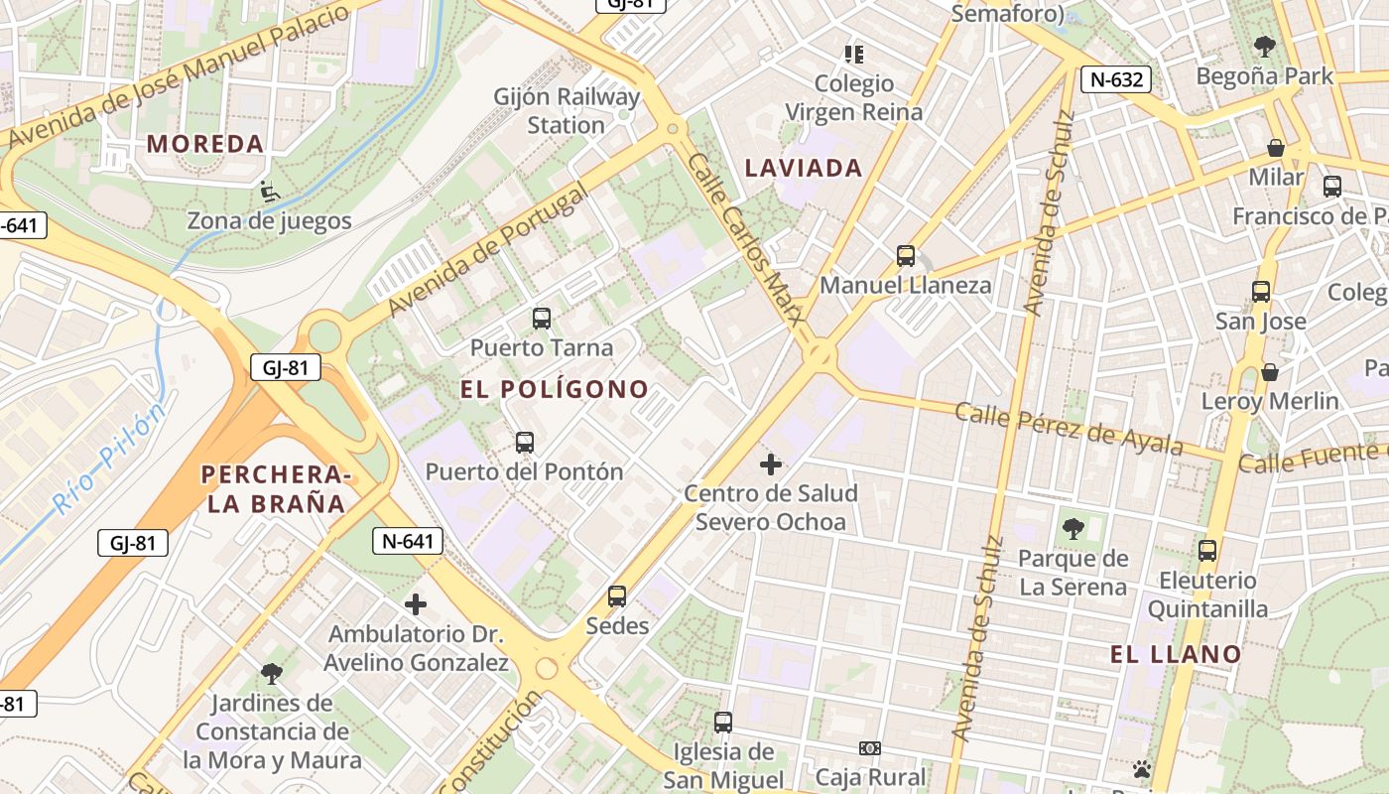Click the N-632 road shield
coord(1115,80)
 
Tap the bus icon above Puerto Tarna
coord(541,319)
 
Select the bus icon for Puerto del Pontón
coord(525,443)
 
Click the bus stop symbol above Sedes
coord(617,596)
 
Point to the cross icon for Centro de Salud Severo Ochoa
coord(771,463)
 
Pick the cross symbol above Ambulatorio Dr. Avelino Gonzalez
coord(416,603)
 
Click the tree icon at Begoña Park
coord(1264,46)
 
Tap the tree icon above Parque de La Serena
coord(1073,529)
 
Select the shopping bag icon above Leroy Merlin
coord(1269,372)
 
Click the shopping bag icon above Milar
coord(1276,148)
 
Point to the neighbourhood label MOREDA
coord(205,144)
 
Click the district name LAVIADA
coord(804,168)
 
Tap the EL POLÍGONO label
coord(555,389)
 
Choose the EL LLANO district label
coord(1176,654)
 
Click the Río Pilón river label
coord(107,463)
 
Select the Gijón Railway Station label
coord(567,111)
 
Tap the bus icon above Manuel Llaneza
coord(906,256)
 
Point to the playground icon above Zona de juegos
coord(268,191)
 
